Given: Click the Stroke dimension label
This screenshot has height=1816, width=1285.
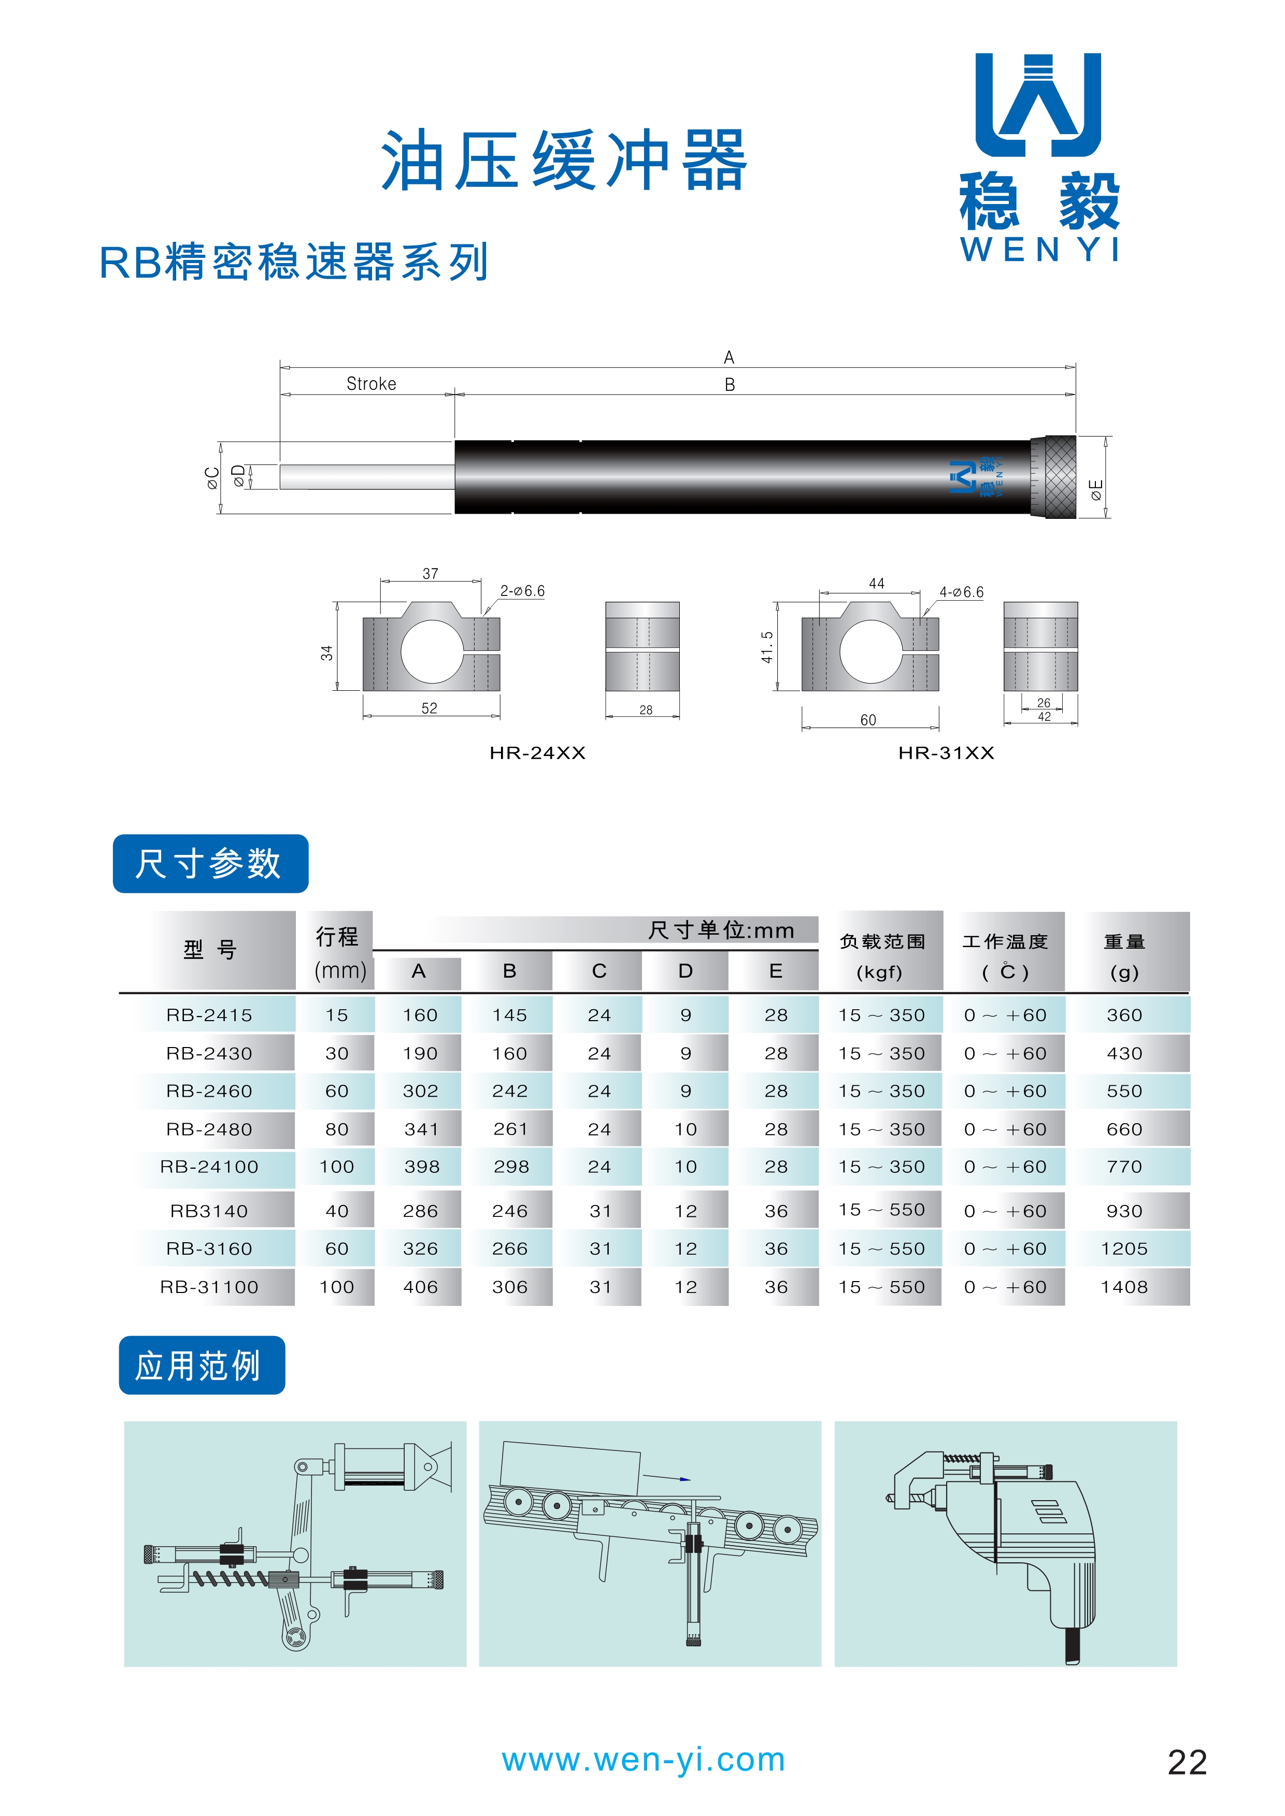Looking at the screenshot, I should click(371, 384).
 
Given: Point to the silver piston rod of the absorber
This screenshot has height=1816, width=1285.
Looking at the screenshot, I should click(366, 477).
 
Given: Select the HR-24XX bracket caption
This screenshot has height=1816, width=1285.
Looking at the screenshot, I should click(537, 753).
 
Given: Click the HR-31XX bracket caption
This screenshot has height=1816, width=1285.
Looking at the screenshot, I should click(946, 753).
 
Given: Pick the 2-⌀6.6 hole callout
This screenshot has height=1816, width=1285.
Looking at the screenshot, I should click(522, 591).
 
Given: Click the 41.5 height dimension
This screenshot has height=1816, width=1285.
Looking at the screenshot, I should click(767, 647).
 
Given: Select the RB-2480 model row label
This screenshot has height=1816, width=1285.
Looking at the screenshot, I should click(209, 1129).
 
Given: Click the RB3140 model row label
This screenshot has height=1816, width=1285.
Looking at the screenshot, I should click(209, 1211).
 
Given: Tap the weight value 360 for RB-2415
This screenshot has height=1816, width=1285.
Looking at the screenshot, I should click(1123, 1015).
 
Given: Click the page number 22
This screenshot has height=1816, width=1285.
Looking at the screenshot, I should click(1187, 1762).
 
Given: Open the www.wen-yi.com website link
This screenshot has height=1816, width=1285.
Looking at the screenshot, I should click(644, 1760).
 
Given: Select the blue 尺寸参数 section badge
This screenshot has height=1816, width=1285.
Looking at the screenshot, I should click(210, 864).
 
